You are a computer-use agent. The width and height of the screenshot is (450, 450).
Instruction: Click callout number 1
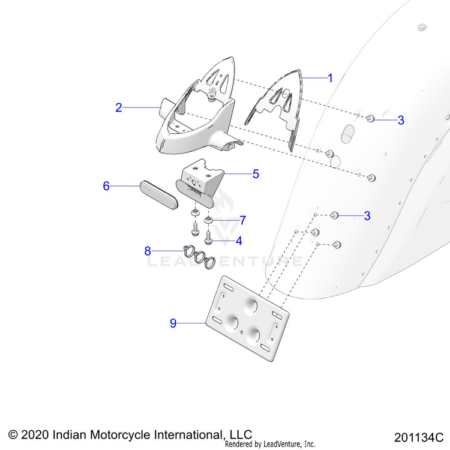click(329, 78)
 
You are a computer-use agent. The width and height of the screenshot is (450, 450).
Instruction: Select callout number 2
click(119, 107)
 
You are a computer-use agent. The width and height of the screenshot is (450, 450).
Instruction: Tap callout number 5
click(256, 174)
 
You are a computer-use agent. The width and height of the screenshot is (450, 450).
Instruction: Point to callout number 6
click(106, 186)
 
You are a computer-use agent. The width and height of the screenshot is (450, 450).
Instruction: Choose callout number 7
click(243, 220)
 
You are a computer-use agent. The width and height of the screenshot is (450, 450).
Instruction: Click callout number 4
click(239, 241)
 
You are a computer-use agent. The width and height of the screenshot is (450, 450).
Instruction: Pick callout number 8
click(148, 251)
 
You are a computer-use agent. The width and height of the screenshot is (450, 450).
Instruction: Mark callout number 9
click(173, 323)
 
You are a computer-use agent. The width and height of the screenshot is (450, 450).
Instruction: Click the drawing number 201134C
click(418, 436)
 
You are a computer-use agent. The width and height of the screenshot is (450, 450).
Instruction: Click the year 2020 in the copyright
click(35, 434)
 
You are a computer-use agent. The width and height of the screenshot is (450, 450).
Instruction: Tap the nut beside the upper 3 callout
click(371, 119)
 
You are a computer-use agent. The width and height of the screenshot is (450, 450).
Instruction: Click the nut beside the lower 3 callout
click(336, 215)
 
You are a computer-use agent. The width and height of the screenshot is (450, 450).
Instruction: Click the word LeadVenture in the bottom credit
click(281, 445)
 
